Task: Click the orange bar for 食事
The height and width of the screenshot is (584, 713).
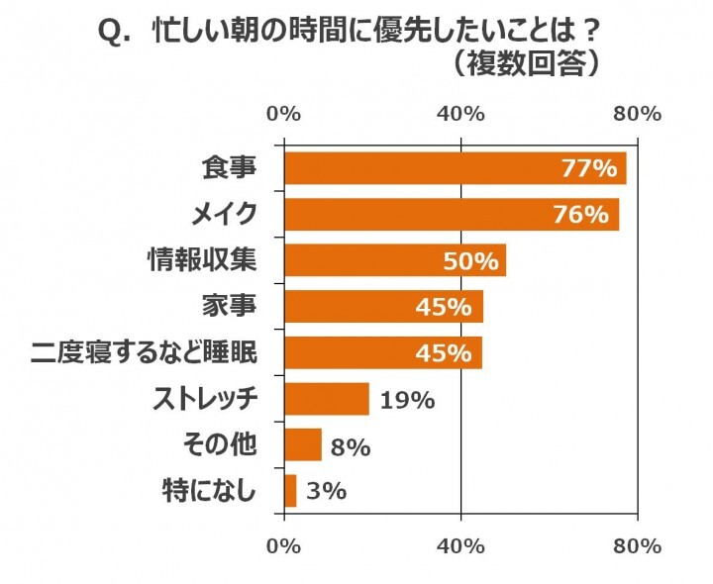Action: coord(456,168)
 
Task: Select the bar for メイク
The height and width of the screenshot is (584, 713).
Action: coord(452,214)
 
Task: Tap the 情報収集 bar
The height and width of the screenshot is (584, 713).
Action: coord(395,260)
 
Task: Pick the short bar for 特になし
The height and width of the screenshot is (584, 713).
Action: coord(290,490)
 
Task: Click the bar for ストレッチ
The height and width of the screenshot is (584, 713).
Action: coord(327,399)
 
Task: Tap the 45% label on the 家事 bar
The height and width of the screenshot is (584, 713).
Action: coord(447,307)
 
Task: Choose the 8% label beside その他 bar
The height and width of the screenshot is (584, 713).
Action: coord(351,446)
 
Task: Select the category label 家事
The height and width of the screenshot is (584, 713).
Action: coord(230,307)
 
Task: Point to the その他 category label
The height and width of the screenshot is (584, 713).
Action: coord(217,445)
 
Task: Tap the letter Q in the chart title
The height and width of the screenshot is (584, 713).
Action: coord(114,33)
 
